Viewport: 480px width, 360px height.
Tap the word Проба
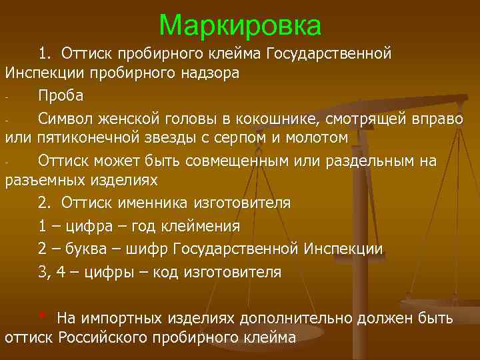(61, 95)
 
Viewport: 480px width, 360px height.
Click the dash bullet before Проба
(7, 97)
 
